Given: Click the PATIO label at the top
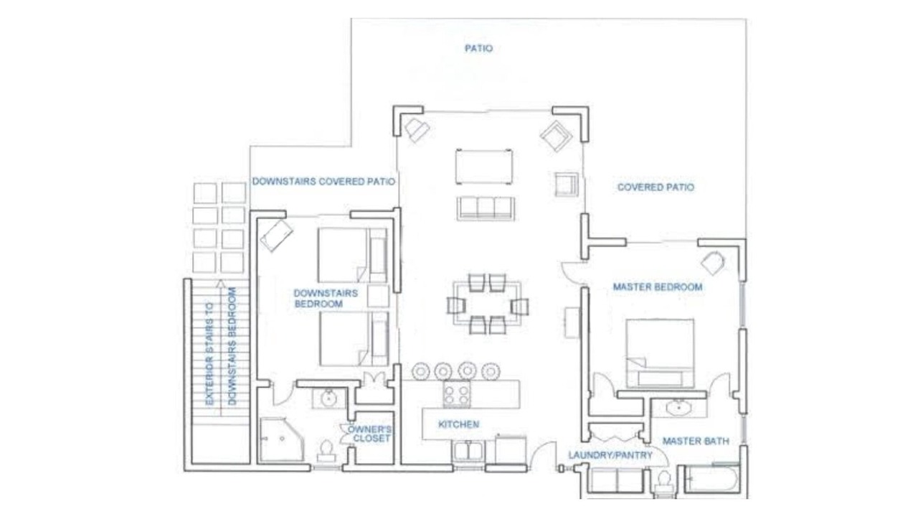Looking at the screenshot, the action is (478, 48).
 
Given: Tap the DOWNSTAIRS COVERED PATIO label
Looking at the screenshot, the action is (323, 182).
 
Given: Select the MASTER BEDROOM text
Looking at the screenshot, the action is (658, 287).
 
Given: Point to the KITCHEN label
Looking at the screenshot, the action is (458, 424).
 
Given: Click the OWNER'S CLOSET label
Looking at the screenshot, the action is (369, 434).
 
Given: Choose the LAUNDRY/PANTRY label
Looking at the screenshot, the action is (610, 455).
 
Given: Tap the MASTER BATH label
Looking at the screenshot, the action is (696, 441).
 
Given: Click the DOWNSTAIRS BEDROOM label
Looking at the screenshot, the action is (326, 299).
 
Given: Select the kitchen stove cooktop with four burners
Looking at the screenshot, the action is (457, 394).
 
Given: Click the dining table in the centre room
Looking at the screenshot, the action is (487, 303).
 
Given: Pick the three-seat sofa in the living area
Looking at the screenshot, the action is (486, 208).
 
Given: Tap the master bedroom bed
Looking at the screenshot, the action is (660, 353).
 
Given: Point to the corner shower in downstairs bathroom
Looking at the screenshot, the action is (282, 439).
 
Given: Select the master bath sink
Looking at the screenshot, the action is (678, 408).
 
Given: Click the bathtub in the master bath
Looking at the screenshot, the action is (712, 478).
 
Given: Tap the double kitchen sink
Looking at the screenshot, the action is (468, 451).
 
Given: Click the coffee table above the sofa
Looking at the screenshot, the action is (484, 167).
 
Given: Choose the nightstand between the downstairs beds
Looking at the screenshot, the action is (378, 297).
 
